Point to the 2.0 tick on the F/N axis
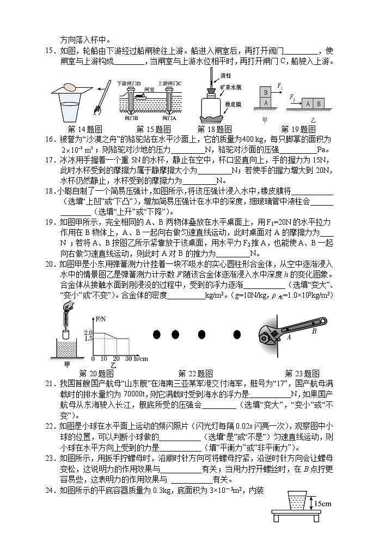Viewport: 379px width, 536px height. pyautogui.click(x=89, y=332)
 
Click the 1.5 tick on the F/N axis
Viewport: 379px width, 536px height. pyautogui.click(x=89, y=338)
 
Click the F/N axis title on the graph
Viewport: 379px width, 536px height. pyautogui.click(x=101, y=318)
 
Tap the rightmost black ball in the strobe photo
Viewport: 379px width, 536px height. pyautogui.click(x=237, y=334)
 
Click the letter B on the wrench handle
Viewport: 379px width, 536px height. pyautogui.click(x=314, y=330)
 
